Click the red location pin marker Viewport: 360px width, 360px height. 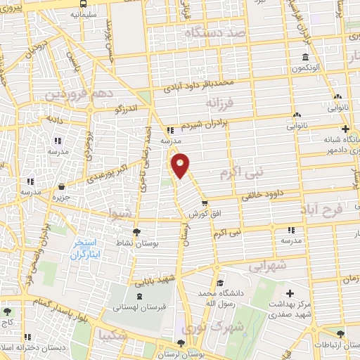tap(181, 165)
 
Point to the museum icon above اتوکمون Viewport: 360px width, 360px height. tap(304, 58)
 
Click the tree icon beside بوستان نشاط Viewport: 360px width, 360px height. tap(136, 231)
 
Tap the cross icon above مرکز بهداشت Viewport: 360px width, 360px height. tap(290, 292)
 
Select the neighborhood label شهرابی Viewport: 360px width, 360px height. tap(269, 266)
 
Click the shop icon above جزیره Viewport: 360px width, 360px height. tap(63, 187)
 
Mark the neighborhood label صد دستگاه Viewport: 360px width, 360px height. tap(216, 33)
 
